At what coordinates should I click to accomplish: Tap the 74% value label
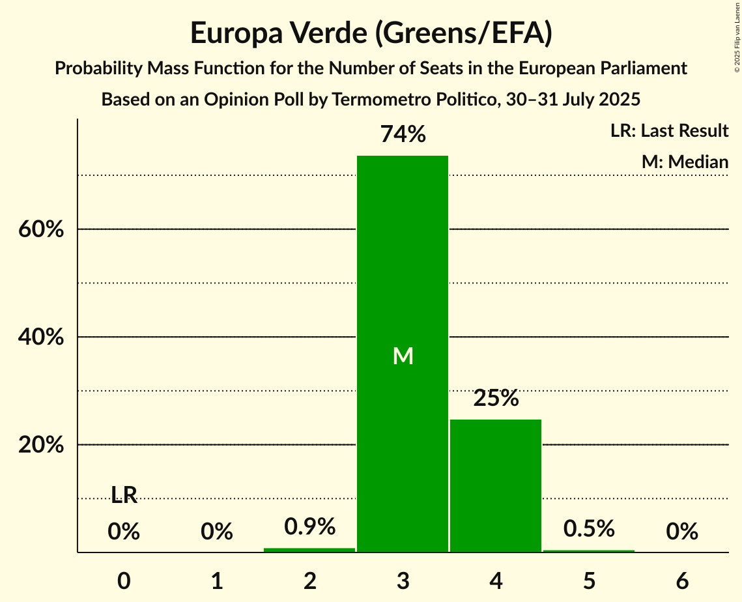click(x=403, y=135)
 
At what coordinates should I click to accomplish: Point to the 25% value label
click(x=496, y=398)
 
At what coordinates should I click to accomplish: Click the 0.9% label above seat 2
click(x=310, y=526)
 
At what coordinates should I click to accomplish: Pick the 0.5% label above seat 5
click(x=589, y=528)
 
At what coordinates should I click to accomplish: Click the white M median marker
click(x=403, y=356)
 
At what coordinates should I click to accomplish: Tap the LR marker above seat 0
click(x=124, y=496)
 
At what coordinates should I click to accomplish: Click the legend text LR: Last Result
click(x=669, y=131)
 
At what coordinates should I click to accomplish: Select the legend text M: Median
click(x=685, y=162)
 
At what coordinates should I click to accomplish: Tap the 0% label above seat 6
click(x=682, y=532)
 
